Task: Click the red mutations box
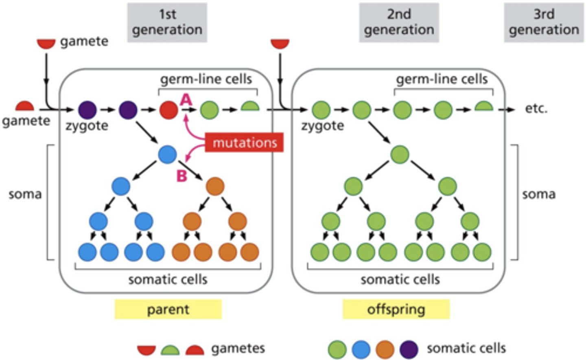(244, 143)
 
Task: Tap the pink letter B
(181, 176)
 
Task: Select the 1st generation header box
(167, 22)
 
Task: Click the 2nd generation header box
(399, 22)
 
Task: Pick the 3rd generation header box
(544, 22)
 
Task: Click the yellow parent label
(168, 309)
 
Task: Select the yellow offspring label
(396, 309)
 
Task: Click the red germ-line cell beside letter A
(168, 110)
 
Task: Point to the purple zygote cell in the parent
(87, 110)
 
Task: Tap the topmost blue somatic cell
(167, 154)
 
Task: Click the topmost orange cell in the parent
(215, 187)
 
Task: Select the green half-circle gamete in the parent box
(250, 107)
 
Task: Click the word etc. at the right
(536, 109)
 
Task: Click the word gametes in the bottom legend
(238, 348)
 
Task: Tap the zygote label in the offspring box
(322, 126)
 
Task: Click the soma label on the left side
(25, 194)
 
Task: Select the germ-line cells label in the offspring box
(442, 79)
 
